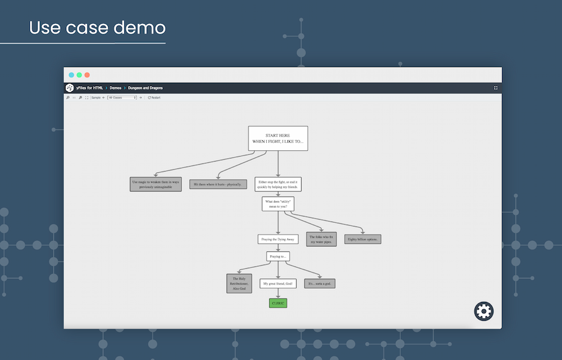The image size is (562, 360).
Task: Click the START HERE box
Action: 278,139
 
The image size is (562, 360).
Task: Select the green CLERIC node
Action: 278,303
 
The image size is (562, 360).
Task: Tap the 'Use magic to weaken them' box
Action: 156,184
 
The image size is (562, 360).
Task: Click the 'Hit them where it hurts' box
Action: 219,184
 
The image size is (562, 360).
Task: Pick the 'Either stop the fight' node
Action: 279,184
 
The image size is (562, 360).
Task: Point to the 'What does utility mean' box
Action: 278,204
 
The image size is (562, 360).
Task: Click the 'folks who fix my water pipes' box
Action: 322,239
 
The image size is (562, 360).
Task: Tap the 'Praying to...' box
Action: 278,256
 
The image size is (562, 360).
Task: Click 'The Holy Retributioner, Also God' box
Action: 239,283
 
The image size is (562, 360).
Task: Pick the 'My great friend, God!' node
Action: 278,284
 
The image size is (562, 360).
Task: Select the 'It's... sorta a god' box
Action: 320,283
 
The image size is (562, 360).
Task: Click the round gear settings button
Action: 484,311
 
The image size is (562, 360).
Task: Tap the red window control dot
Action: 87,75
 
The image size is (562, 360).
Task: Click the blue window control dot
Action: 72,75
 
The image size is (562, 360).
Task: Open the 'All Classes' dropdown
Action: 122,97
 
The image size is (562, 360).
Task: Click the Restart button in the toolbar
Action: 154,97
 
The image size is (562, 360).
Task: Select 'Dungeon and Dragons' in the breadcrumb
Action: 145,88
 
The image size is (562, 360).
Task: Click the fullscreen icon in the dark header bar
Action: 496,88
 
